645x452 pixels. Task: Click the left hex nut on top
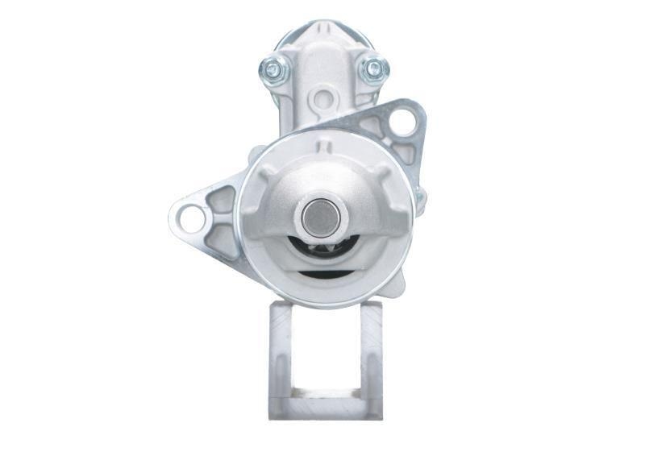(274, 70)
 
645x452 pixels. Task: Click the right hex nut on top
(372, 69)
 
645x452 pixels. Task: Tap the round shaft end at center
(322, 215)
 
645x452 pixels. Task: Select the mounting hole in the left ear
(191, 218)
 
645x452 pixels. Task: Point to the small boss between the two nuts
(323, 99)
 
